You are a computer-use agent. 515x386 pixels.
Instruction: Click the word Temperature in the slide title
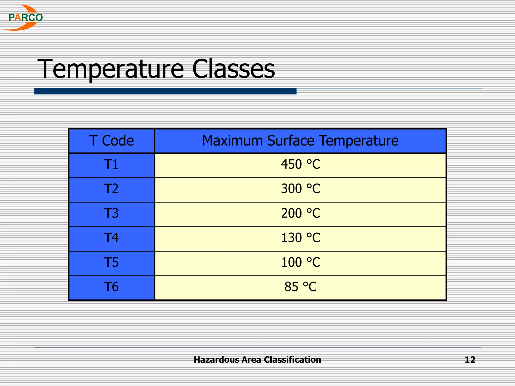tap(111, 69)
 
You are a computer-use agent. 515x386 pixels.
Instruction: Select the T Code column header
tap(111, 140)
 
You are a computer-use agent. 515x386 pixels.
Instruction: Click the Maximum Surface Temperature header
tap(300, 140)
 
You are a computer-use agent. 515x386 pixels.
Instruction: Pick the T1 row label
tap(111, 165)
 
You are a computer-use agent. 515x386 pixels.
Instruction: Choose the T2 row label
tap(111, 189)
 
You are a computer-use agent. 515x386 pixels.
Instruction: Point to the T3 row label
tap(111, 213)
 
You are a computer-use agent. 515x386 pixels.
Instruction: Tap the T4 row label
tap(111, 238)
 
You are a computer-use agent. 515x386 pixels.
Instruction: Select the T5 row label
tap(111, 262)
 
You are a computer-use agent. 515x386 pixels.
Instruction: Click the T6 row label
tap(111, 287)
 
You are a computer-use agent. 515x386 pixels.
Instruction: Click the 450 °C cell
tap(301, 165)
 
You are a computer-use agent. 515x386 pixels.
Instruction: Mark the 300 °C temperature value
tap(301, 189)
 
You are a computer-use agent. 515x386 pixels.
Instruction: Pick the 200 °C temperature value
tap(301, 213)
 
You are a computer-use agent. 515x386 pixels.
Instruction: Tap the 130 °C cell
tap(301, 238)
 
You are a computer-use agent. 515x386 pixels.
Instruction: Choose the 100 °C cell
tap(301, 262)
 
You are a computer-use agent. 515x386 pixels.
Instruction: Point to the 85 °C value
tap(301, 287)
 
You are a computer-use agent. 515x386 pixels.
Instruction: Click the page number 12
tap(470, 360)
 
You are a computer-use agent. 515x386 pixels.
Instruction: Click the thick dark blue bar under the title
tap(165, 91)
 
